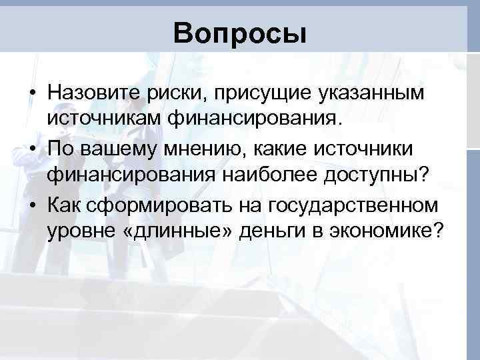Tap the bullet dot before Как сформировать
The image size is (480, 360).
[x=32, y=203]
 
